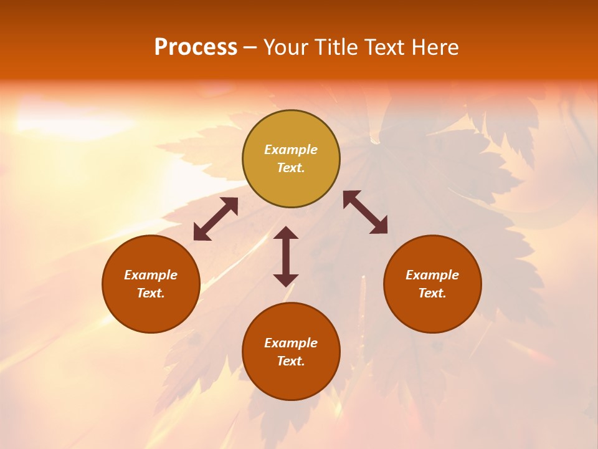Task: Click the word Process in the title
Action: click(196, 47)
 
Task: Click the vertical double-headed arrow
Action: click(286, 256)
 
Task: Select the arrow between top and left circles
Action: click(216, 219)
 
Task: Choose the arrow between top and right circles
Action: click(366, 212)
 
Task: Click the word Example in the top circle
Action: click(291, 150)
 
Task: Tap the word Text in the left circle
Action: click(151, 293)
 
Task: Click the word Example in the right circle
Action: click(432, 275)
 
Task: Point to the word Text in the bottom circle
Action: click(291, 361)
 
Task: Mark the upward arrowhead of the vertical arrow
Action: click(286, 233)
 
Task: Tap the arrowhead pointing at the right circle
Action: click(379, 226)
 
